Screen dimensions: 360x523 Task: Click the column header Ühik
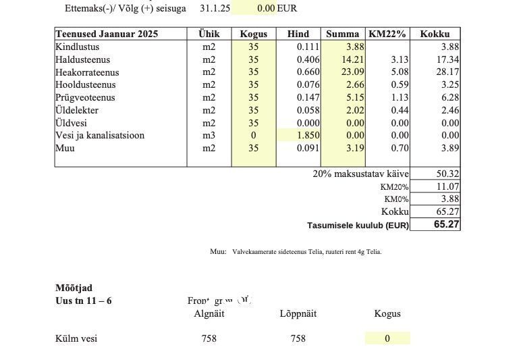coord(209,34)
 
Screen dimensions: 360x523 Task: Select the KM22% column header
coord(387,34)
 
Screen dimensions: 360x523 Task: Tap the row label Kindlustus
coord(78,47)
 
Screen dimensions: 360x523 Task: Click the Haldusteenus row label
coord(82,59)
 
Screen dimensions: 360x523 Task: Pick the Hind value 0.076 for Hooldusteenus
coord(308,85)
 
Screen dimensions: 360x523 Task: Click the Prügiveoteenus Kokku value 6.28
coord(449,98)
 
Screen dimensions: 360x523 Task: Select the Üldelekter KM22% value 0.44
coord(400,110)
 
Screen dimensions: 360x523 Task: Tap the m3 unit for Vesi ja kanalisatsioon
coord(209,136)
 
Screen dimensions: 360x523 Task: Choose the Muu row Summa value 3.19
coord(355,149)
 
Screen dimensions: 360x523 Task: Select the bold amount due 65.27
coord(446,224)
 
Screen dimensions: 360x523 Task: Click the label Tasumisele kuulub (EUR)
coord(358,226)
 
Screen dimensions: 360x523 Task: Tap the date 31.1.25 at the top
coord(215,9)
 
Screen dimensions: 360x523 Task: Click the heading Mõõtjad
coord(74,288)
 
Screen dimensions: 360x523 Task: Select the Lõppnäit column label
coord(298,313)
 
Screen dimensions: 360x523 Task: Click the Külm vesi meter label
coord(76,338)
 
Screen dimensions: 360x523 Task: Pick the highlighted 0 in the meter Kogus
coord(387,338)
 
